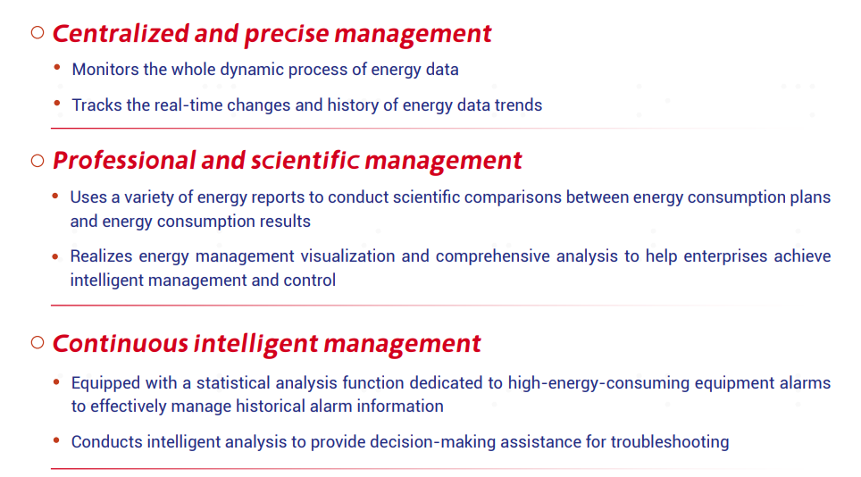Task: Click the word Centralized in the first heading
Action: (x=121, y=33)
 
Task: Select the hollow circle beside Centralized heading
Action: (x=38, y=33)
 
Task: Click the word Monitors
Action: (x=105, y=70)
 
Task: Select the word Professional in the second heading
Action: (x=124, y=160)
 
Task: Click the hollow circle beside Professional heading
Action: (x=38, y=161)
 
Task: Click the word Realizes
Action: (x=101, y=256)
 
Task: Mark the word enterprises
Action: (x=725, y=256)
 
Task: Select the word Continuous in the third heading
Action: (x=121, y=344)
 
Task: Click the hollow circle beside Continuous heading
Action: (x=38, y=342)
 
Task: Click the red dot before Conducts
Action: (x=56, y=439)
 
